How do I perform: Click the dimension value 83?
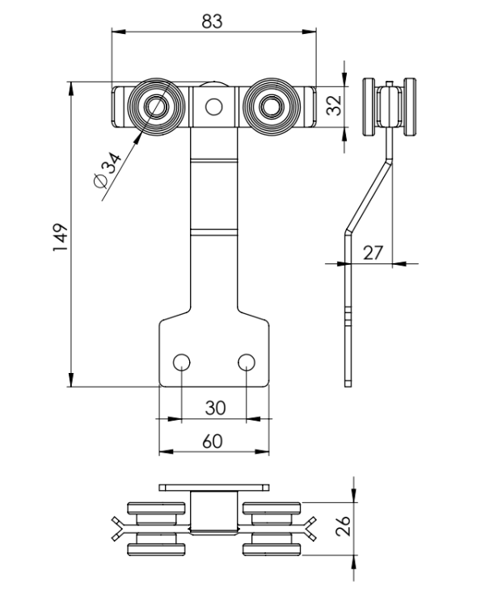point(213,22)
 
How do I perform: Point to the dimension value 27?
point(372,252)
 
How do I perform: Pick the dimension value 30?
point(213,408)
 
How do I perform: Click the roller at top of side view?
point(390,108)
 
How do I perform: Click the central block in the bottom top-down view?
point(213,513)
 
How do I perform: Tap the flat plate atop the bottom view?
point(213,488)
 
